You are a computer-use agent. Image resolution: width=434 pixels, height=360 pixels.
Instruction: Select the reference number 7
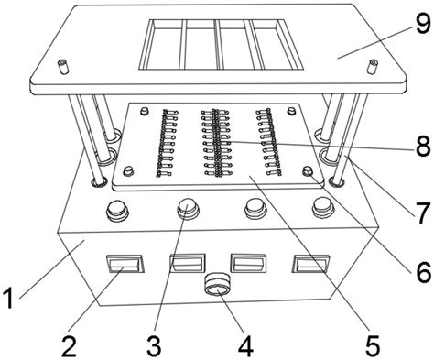tap(423, 213)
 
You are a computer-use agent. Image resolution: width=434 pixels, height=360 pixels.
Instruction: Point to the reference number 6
tap(423, 272)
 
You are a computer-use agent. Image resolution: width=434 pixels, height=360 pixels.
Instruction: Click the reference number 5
tap(373, 345)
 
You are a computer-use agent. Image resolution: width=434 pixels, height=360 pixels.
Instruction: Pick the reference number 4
tap(246, 345)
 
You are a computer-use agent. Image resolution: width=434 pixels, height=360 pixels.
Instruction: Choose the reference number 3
tap(154, 345)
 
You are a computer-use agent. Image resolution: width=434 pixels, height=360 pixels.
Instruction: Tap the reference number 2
tap(70, 345)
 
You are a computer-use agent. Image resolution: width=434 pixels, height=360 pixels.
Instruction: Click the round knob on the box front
tap(217, 283)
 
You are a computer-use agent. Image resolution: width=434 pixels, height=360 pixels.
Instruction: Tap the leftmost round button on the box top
tap(117, 211)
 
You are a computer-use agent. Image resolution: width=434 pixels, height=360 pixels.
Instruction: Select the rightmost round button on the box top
tap(323, 208)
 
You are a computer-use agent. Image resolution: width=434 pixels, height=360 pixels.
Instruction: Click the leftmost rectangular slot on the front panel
tap(125, 264)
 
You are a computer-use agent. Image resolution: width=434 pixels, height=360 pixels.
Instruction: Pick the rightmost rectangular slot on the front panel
tap(310, 263)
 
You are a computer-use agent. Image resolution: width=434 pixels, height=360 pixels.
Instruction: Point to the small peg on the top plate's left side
tap(63, 66)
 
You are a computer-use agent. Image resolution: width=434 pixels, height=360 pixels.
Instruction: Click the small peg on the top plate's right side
tap(373, 67)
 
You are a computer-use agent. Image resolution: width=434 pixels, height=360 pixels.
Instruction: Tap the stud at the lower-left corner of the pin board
tap(128, 170)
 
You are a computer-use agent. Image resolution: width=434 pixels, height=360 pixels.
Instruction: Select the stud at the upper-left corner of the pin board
tap(145, 111)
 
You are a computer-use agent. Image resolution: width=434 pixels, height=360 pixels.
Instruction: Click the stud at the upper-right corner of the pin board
tap(292, 111)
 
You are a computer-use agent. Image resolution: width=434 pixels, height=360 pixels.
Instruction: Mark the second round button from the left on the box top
tap(188, 208)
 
